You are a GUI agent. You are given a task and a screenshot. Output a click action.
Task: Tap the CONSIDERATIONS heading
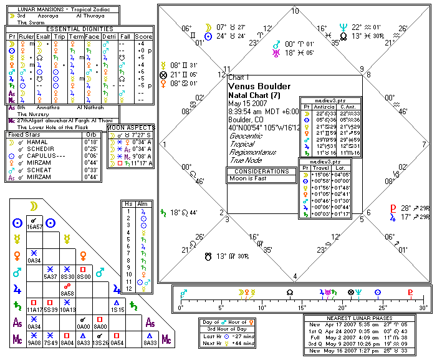point(261,170)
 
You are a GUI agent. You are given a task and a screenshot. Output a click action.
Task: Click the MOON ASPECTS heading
point(132,127)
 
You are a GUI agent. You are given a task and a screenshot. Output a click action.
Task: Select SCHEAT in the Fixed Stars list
point(36,168)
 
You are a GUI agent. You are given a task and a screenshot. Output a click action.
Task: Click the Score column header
point(143,36)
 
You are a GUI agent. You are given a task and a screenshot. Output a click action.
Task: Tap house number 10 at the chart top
point(294,11)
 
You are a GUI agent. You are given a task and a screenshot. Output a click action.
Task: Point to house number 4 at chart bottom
point(294,276)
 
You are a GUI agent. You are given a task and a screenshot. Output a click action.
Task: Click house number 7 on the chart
point(424,144)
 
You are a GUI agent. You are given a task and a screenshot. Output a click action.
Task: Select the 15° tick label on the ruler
point(301,308)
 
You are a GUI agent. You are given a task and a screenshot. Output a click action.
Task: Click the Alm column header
point(143,204)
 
